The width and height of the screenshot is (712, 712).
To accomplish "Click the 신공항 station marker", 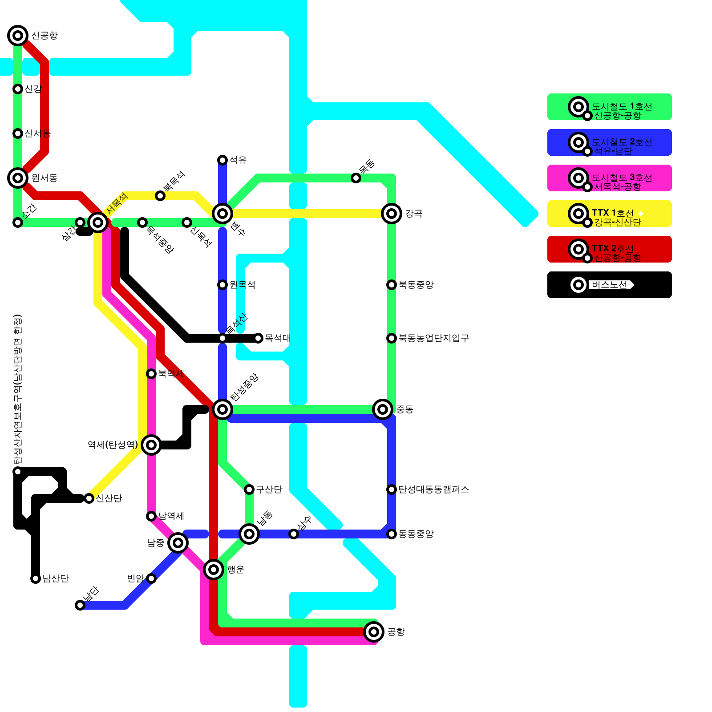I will click(18, 36).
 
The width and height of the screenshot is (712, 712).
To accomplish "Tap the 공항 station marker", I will click(374, 632).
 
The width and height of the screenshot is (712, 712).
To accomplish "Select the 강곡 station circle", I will click(392, 214).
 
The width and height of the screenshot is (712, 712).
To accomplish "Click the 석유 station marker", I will click(222, 160).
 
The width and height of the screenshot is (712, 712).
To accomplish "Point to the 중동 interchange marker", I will click(383, 409).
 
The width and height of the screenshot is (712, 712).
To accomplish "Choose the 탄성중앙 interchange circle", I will click(222, 409).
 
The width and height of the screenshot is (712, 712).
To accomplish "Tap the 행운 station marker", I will click(214, 570).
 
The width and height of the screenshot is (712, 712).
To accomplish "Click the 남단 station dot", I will click(80, 605).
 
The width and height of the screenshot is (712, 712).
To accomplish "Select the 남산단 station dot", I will click(36, 578).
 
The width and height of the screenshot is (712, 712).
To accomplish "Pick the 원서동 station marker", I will click(18, 178).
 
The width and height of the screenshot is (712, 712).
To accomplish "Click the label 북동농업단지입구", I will click(433, 338).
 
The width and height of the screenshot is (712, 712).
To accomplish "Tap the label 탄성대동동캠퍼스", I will click(433, 489).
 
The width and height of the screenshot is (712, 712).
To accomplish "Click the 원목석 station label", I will click(242, 285).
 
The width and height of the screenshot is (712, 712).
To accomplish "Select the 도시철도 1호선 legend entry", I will click(610, 107).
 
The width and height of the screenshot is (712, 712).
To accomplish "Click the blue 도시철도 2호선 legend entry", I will click(610, 142).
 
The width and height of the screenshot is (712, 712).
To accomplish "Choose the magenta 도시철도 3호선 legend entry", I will click(610, 178).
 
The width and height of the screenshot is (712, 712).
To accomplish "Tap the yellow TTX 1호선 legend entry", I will click(610, 214).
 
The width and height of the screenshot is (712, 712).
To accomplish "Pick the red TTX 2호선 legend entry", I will click(610, 249).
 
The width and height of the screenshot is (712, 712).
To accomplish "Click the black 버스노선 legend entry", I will click(610, 285).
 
